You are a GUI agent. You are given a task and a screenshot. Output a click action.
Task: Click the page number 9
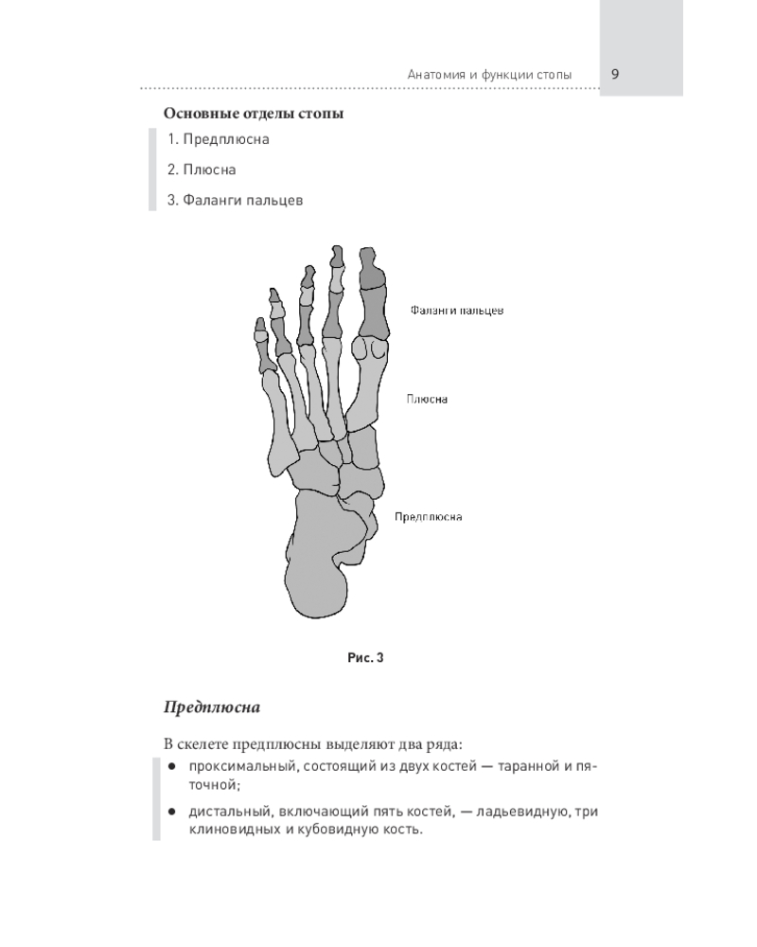click(x=615, y=74)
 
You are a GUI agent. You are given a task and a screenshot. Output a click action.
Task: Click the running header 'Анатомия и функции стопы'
click(x=489, y=75)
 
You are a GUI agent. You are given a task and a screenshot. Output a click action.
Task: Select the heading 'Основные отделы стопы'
click(x=254, y=114)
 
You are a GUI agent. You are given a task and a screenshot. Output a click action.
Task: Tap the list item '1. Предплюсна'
click(x=218, y=139)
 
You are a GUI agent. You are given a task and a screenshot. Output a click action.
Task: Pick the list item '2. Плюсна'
click(x=202, y=170)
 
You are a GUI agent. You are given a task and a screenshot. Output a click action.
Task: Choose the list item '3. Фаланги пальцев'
click(x=235, y=200)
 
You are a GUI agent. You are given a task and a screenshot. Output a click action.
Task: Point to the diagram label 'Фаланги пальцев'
click(x=457, y=311)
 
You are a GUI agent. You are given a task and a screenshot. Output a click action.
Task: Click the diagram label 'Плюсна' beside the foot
click(x=427, y=400)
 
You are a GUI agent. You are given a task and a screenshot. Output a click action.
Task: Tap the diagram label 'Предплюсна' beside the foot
click(x=428, y=517)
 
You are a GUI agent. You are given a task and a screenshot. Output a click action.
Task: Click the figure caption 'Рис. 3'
click(x=365, y=658)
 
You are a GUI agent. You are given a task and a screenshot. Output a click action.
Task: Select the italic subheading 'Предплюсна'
click(x=212, y=707)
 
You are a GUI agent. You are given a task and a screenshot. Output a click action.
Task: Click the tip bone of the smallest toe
click(x=260, y=325)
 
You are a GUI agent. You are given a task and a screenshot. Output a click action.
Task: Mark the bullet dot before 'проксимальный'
click(x=172, y=766)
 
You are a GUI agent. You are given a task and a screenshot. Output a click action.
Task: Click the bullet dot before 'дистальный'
click(x=172, y=812)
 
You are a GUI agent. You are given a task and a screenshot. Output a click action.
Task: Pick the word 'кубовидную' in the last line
click(x=337, y=830)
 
